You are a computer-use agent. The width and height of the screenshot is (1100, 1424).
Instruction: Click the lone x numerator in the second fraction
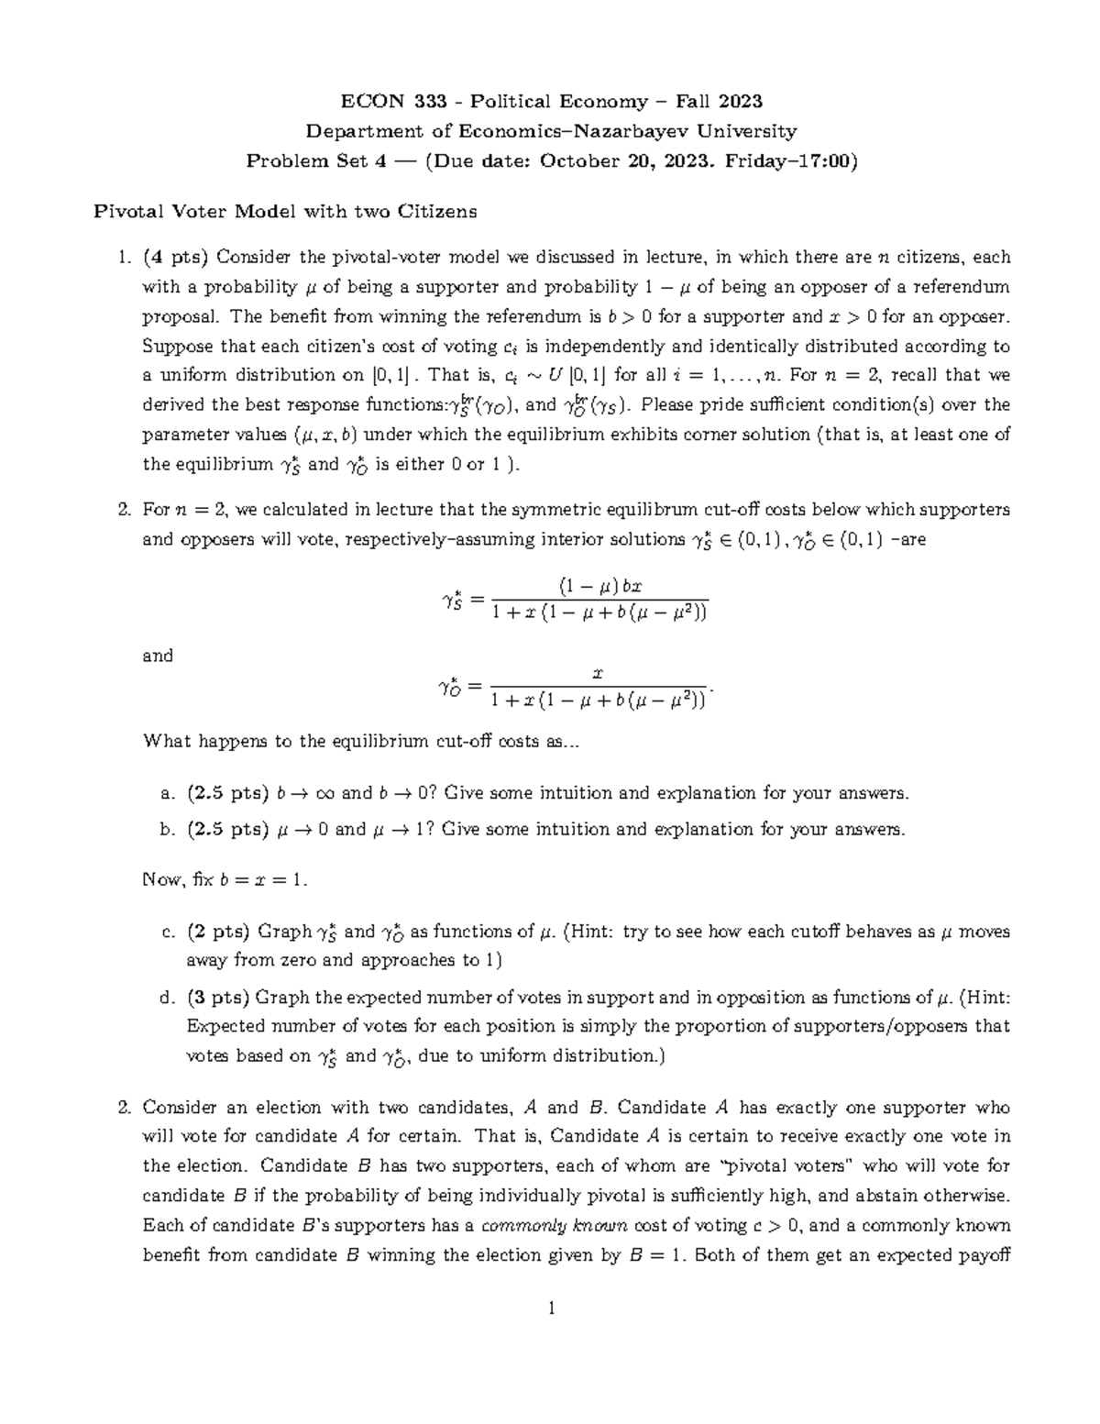click(598, 673)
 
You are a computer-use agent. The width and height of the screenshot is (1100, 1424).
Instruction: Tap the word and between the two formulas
click(158, 656)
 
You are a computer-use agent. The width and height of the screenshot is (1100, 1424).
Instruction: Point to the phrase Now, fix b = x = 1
click(225, 880)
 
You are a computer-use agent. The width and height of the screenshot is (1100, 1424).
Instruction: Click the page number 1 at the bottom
click(551, 1308)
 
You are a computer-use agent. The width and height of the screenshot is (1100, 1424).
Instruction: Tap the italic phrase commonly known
click(554, 1226)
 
